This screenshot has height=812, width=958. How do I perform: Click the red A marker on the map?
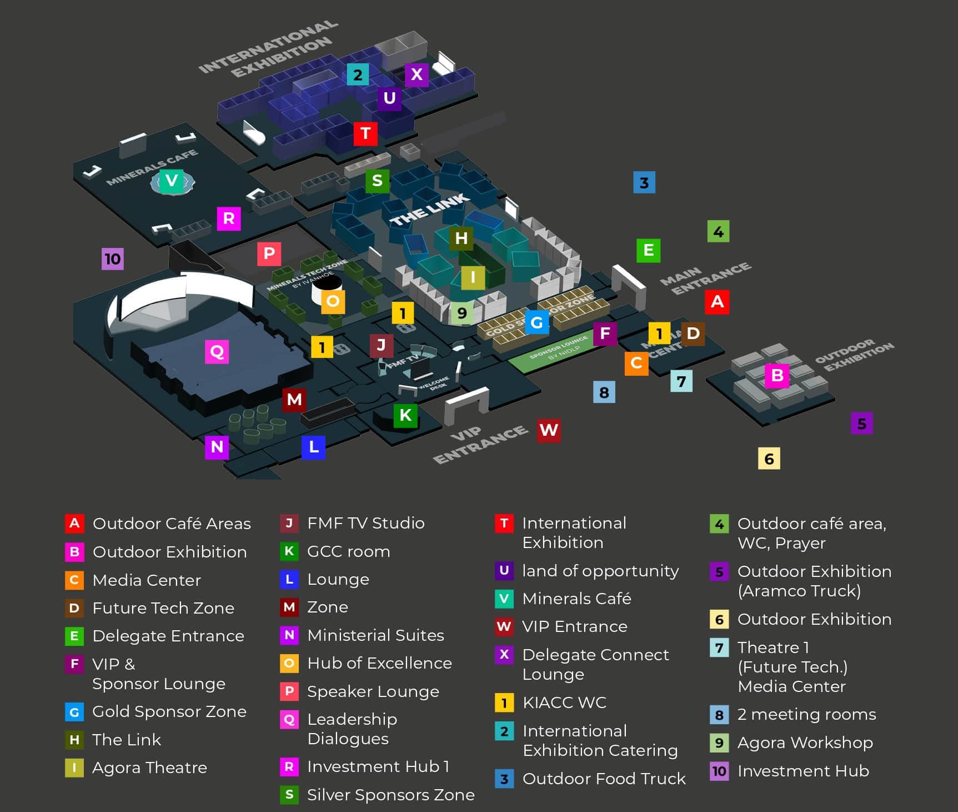click(x=717, y=302)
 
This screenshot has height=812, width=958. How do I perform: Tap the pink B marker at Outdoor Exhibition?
click(x=777, y=376)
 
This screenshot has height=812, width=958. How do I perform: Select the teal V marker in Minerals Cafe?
click(x=172, y=181)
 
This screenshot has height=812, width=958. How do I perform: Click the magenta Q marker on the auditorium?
click(x=217, y=351)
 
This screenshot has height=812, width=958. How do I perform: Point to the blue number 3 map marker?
click(x=644, y=182)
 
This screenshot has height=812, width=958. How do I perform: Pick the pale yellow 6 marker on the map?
click(x=769, y=459)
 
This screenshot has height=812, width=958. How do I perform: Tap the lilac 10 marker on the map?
click(x=113, y=258)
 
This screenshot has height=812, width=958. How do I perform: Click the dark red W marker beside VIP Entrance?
click(x=549, y=430)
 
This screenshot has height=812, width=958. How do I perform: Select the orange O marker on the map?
click(x=333, y=301)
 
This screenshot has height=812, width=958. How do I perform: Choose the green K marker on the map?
click(x=405, y=415)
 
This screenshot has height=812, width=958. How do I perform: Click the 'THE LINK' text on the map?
click(x=429, y=211)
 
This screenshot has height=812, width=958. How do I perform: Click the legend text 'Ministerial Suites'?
click(x=375, y=635)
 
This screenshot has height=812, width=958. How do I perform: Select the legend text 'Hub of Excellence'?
click(x=379, y=663)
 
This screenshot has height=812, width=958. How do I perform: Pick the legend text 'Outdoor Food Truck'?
click(x=604, y=779)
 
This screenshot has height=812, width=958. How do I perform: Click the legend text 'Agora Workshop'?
click(x=805, y=743)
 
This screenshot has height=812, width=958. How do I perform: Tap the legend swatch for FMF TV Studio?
click(x=289, y=523)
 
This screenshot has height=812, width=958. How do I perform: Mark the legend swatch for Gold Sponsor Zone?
click(x=74, y=712)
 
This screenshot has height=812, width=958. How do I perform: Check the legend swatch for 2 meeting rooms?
click(x=719, y=715)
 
